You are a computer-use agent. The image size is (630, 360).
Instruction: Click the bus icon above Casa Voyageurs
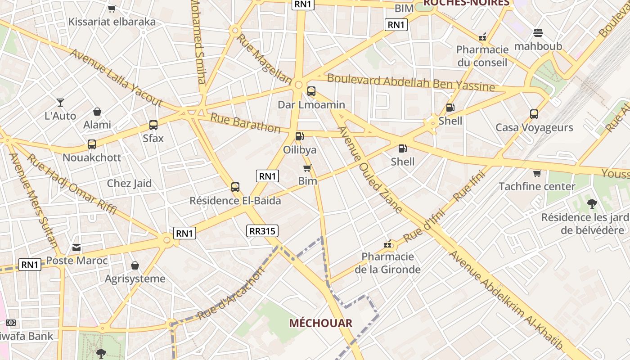534,114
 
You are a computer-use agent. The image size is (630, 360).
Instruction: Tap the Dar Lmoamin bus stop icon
311,91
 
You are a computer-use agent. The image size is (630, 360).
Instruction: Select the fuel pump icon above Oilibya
299,136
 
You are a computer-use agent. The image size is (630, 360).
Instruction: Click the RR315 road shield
263,231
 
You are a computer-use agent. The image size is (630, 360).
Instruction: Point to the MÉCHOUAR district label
320,323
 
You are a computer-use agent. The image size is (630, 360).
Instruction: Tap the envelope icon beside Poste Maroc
76,247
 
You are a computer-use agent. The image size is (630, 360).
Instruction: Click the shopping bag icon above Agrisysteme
135,265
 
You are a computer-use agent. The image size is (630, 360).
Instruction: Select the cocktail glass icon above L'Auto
60,103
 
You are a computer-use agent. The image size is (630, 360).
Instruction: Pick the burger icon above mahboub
538,33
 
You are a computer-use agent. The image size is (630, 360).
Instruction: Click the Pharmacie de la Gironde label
388,263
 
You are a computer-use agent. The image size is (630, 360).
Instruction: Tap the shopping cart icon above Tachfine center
537,173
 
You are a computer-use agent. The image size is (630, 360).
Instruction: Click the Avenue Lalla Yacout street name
116,77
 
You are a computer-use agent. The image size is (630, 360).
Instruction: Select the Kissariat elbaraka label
112,22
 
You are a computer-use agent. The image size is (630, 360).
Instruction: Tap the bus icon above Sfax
153,125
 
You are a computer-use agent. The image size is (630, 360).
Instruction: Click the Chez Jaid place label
129,183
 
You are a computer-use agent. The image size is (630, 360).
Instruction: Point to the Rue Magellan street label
264,59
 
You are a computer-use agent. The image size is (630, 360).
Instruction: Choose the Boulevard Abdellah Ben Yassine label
411,82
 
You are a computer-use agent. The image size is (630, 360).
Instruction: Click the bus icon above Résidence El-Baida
235,187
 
